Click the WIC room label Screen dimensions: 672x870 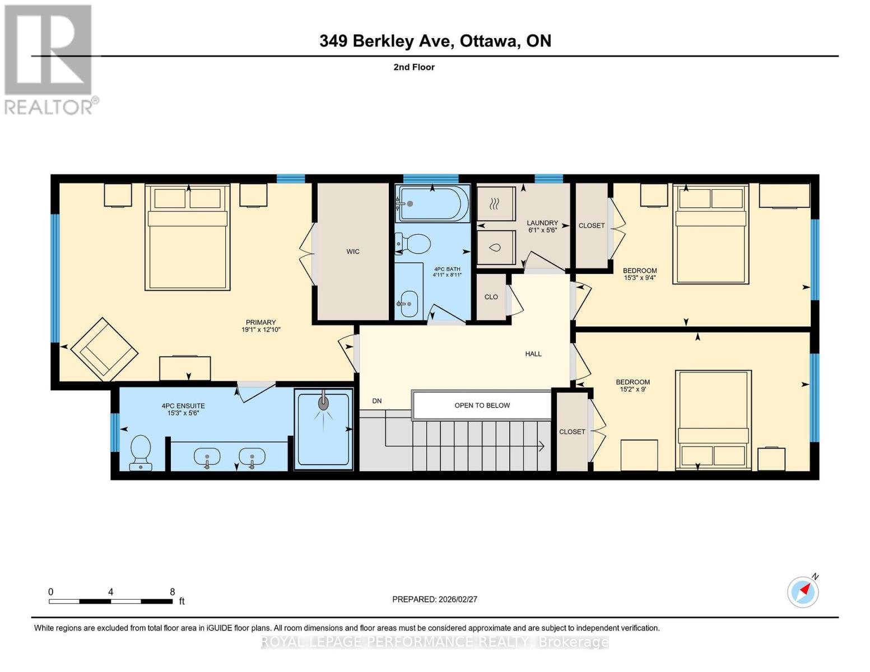(353, 251)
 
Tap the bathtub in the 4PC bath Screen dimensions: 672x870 (432, 204)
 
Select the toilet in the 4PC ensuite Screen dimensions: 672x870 (140, 452)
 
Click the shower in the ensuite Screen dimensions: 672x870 (323, 429)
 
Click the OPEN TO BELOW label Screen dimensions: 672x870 (482, 405)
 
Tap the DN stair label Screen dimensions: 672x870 (377, 401)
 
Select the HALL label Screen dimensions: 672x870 (533, 354)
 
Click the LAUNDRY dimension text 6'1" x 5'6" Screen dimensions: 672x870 (542, 230)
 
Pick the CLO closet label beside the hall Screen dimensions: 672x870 (491, 297)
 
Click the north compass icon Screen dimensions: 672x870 (803, 592)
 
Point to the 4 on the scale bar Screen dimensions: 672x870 (111, 592)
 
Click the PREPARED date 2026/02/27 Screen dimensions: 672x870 (458, 599)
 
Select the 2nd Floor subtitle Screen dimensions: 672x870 (414, 67)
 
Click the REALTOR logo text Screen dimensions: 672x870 (49, 107)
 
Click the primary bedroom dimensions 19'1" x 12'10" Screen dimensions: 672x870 (260, 330)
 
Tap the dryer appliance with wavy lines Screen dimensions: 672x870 (495, 204)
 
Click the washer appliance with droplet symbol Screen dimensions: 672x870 (495, 247)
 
